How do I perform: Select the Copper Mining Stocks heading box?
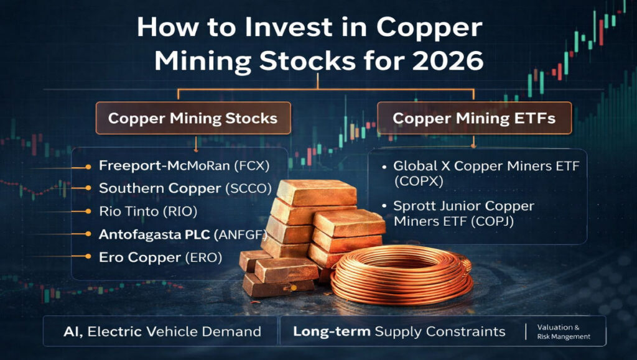192,118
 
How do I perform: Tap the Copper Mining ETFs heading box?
474,118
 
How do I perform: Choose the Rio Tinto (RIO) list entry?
147,211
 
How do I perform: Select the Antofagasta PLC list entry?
156,234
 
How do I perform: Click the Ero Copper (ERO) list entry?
160,257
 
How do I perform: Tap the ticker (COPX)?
415,182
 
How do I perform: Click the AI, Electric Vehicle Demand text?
161,331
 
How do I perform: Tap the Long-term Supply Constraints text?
399,331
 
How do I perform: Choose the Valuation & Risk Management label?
563,331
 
